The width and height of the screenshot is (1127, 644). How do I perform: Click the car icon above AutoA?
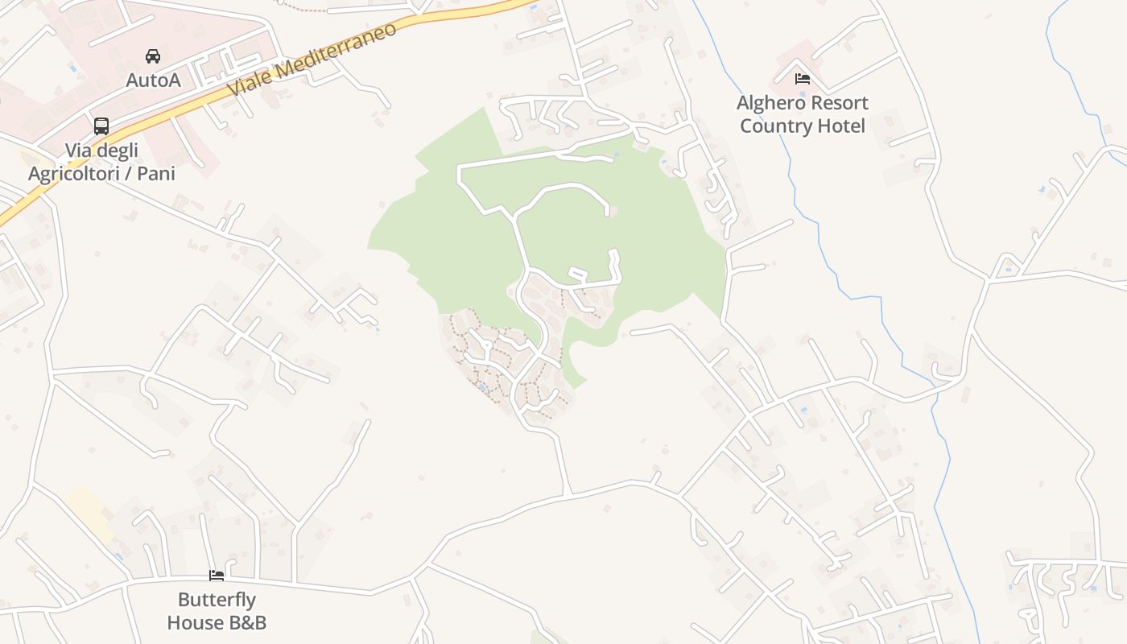click(153, 56)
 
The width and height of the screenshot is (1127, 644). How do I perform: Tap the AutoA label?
click(153, 80)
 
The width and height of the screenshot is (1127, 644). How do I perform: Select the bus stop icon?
click(101, 126)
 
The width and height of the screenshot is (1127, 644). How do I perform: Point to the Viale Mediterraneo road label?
click(312, 60)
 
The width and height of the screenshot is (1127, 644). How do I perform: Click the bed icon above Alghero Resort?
click(802, 79)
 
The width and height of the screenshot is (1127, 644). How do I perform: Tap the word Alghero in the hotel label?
click(771, 103)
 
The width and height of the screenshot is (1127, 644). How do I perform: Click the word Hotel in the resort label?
click(840, 126)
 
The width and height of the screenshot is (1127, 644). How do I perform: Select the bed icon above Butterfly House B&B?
click(217, 575)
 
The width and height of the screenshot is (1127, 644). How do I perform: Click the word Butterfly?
click(217, 600)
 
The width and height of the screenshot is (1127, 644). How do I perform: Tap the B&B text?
click(246, 622)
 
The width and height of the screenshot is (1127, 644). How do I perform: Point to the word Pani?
click(156, 173)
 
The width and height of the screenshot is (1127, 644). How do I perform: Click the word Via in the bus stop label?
click(79, 151)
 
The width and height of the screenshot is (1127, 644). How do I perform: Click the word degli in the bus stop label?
click(118, 151)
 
